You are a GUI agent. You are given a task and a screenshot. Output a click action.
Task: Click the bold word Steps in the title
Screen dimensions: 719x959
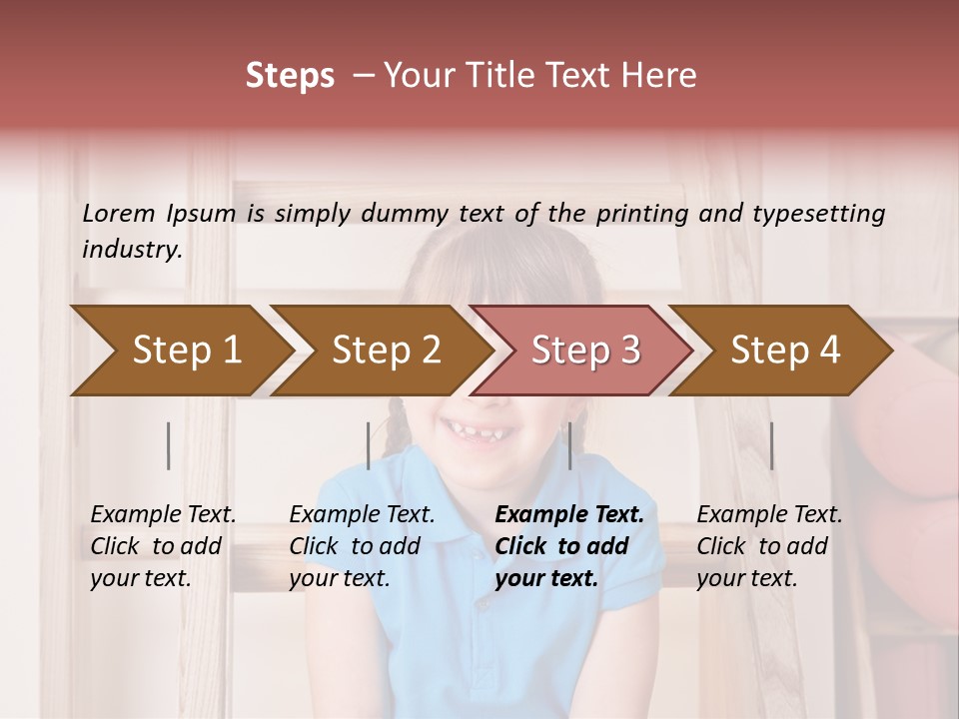point(290,76)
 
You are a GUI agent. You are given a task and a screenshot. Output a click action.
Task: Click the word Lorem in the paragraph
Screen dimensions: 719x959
point(119,213)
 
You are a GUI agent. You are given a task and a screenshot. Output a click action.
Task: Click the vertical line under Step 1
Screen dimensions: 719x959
point(169,445)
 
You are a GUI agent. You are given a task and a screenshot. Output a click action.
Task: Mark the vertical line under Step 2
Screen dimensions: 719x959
point(369,445)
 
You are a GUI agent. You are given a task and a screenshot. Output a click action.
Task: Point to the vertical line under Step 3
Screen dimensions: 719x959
point(570,445)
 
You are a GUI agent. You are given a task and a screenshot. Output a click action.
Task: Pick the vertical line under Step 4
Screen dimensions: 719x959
point(772,445)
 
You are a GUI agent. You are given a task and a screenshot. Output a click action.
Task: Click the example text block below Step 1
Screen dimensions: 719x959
point(163,546)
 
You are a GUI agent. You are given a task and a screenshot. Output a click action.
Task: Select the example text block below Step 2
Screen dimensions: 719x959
point(362,546)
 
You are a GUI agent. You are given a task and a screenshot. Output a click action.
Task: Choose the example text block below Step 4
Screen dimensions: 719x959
point(769,546)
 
